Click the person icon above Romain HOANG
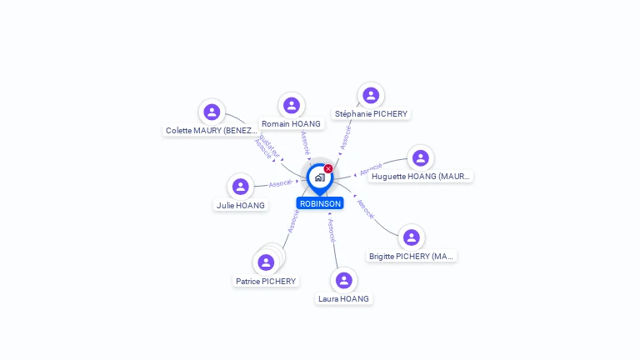coord(291,105)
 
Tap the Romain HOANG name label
coord(291,124)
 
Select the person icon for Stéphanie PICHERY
coord(371,95)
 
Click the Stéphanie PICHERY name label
coord(372,114)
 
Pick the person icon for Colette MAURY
coord(212,112)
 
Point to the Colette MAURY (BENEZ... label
coord(212,131)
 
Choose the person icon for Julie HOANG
coord(241,187)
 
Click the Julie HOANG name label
coord(241,206)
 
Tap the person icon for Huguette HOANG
coord(421,157)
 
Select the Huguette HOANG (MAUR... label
coord(421,177)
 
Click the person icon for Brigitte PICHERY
coord(411,237)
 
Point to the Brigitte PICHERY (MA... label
coord(412,257)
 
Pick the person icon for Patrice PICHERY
coord(266,262)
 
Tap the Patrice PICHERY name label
coord(266,282)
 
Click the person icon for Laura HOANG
coord(343,280)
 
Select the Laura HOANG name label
coord(343,299)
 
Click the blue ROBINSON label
coord(320,203)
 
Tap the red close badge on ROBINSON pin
coord(328,169)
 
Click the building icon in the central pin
coord(319,177)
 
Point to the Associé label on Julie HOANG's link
coord(280,183)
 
